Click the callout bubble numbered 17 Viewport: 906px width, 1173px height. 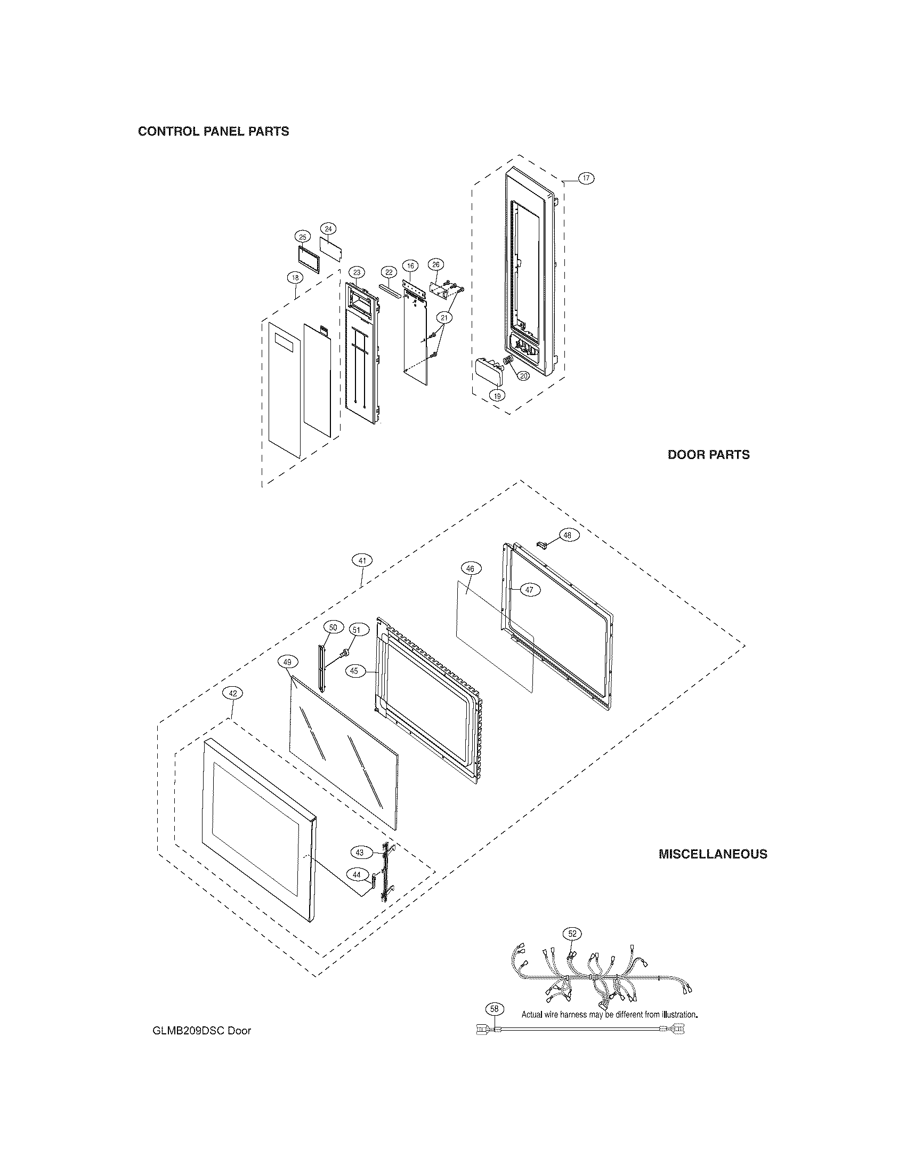[586, 178]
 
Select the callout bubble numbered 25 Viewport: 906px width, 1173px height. [303, 237]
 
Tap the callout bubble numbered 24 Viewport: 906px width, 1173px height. [329, 229]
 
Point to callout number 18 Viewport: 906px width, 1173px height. [295, 278]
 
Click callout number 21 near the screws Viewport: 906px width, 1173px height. [444, 318]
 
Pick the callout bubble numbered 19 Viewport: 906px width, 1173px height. [497, 396]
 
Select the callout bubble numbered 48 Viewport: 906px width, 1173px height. [568, 535]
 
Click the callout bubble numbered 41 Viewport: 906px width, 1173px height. [362, 561]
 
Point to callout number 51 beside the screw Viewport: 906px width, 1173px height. [355, 630]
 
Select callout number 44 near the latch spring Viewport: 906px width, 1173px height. [357, 874]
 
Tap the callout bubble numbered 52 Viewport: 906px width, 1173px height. [572, 934]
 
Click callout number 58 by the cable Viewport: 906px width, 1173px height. [495, 1009]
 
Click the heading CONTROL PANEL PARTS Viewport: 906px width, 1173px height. [214, 132]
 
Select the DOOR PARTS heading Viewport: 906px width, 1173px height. [708, 454]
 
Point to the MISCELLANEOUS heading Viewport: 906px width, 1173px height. [712, 854]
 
